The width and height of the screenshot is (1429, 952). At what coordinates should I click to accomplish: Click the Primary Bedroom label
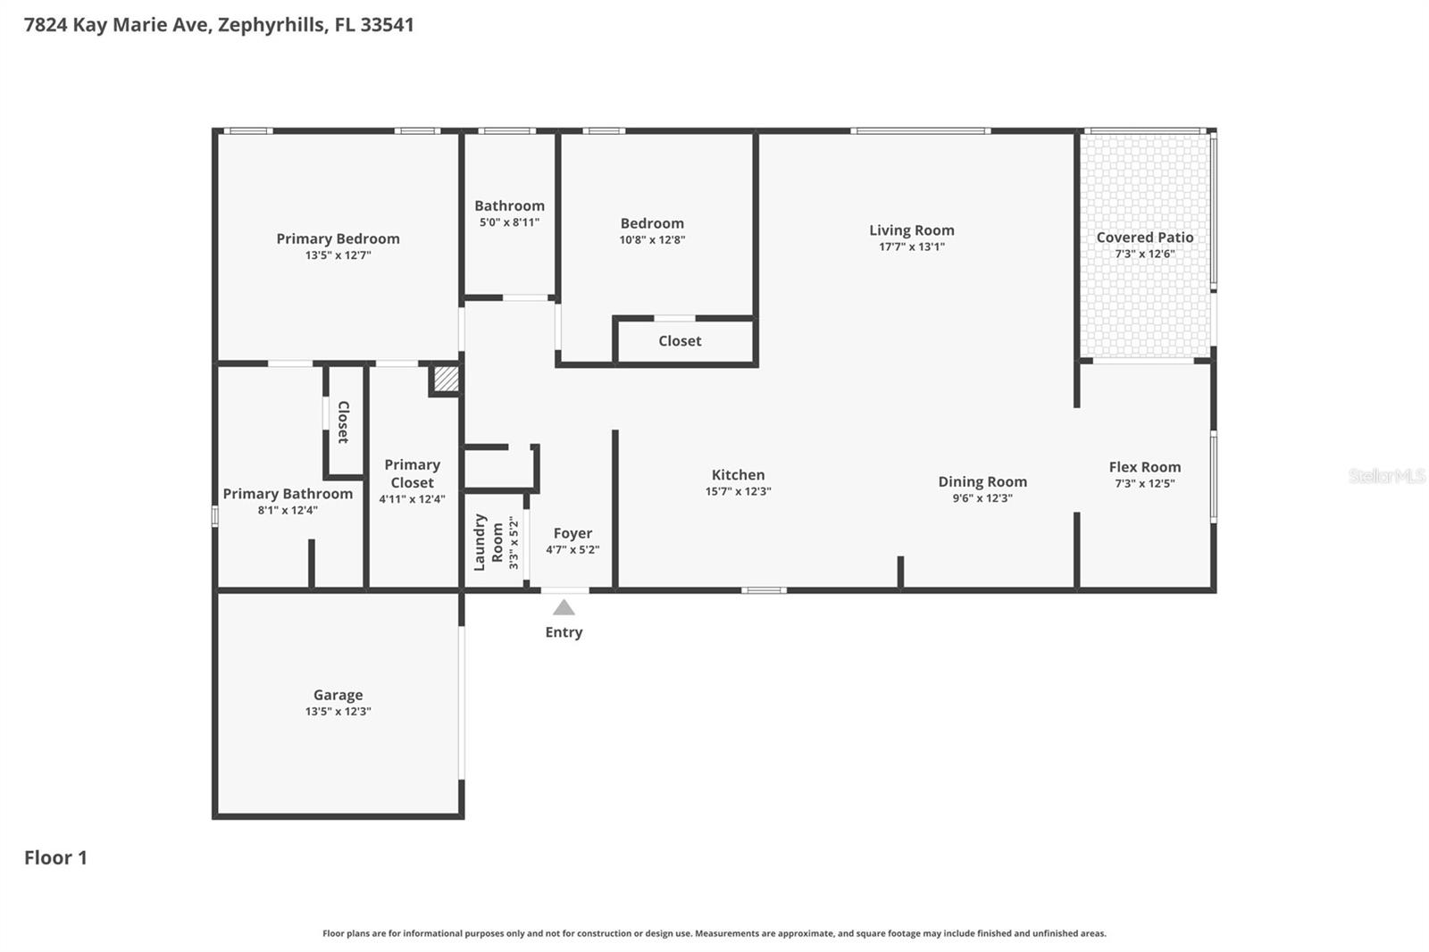(338, 238)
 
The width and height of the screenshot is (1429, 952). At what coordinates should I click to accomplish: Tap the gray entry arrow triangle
(564, 608)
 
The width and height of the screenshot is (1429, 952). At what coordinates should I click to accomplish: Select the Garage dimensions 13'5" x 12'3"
(338, 712)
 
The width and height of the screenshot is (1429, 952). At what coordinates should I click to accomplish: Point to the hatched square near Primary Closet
(446, 380)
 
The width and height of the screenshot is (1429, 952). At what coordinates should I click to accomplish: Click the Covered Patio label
(1145, 238)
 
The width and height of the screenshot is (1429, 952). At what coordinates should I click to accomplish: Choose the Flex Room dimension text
(1144, 484)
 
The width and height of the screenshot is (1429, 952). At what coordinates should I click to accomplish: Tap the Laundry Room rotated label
(489, 542)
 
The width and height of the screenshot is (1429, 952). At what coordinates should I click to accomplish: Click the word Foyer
(572, 533)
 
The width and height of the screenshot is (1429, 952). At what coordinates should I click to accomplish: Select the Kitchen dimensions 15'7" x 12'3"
(738, 491)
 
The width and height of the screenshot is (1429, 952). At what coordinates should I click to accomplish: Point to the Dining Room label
(982, 481)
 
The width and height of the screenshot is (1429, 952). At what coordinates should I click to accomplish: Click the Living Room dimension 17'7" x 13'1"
(911, 246)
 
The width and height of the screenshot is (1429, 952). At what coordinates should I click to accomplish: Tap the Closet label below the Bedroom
(680, 341)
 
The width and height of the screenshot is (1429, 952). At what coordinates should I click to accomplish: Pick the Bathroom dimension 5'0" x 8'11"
(509, 222)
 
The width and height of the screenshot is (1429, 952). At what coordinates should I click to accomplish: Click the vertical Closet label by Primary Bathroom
(343, 422)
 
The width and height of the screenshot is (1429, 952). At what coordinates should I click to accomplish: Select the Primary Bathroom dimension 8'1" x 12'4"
(288, 511)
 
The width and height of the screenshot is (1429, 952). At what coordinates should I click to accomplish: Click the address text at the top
(219, 25)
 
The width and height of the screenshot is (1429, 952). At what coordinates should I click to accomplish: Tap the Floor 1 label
(55, 857)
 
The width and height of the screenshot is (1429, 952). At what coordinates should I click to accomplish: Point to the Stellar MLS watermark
(1386, 476)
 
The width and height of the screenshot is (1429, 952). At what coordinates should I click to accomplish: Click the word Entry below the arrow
(564, 632)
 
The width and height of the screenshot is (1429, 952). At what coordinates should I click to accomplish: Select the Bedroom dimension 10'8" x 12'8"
(652, 239)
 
